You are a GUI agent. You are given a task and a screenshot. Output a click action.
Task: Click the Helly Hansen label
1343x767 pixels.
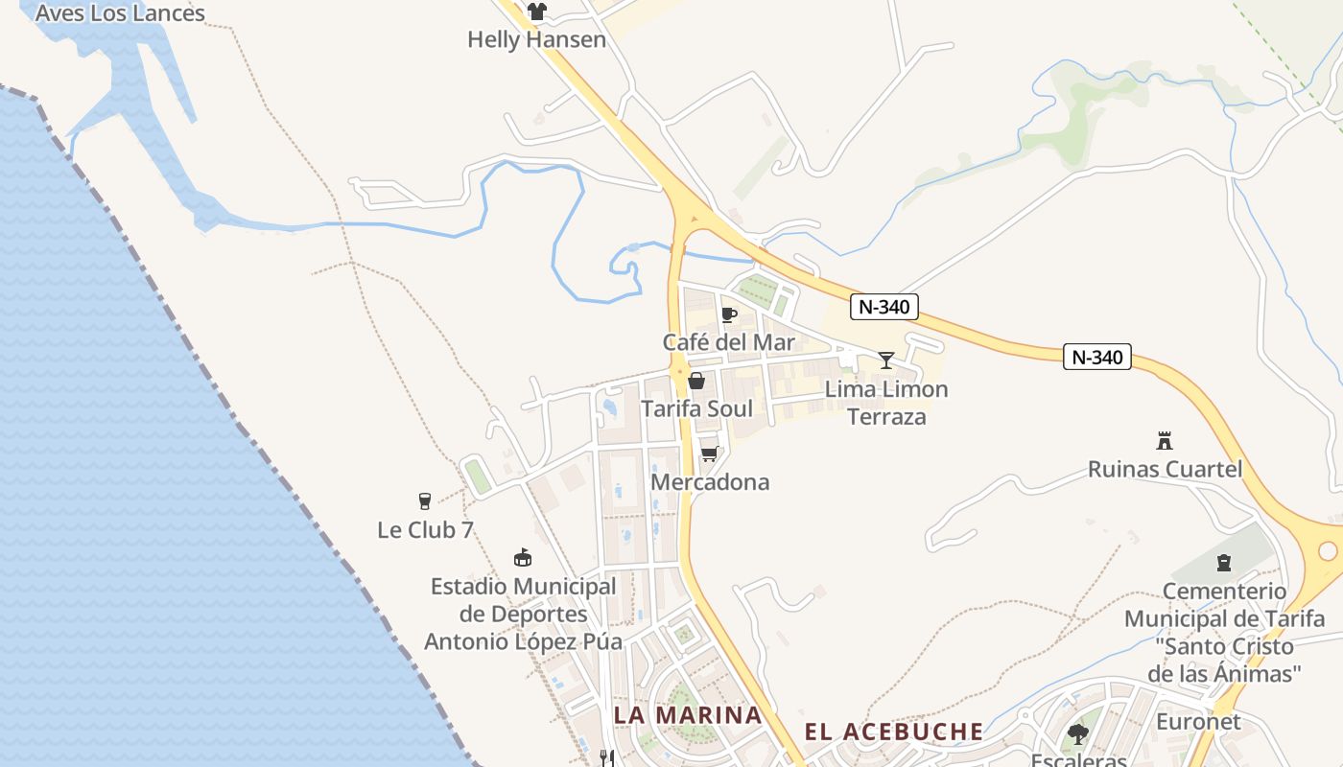point(536,39)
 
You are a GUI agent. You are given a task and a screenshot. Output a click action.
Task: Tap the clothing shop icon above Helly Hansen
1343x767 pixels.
point(536,12)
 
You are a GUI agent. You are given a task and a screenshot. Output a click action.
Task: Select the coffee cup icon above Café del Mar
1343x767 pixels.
point(729,314)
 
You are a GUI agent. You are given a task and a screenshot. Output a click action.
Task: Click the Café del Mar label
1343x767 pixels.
point(729,342)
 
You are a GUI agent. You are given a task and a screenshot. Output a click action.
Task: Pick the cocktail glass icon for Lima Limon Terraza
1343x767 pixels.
point(886,360)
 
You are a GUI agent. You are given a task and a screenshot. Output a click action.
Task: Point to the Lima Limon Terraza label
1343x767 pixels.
point(886,403)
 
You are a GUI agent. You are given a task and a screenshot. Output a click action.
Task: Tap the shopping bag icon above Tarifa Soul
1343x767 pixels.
point(696,381)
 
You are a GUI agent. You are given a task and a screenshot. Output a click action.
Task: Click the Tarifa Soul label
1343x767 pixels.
point(696,408)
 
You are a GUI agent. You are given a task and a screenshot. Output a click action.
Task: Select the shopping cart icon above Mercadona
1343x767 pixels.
point(710,453)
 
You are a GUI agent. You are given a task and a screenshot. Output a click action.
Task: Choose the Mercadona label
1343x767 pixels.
point(710,481)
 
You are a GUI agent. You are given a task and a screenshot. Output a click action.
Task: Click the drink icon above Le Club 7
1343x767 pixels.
point(425,501)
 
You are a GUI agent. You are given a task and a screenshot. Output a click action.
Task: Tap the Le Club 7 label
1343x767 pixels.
point(425,529)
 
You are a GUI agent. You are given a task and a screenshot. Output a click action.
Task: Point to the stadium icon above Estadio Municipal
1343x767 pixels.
point(523,557)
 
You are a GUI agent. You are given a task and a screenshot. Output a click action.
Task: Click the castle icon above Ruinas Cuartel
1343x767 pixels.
point(1165,441)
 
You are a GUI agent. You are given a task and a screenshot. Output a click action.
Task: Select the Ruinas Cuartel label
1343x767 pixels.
point(1165,469)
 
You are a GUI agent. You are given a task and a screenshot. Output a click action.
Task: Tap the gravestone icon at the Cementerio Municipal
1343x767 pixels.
point(1224,563)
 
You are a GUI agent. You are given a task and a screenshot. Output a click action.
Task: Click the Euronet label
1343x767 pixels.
point(1198,721)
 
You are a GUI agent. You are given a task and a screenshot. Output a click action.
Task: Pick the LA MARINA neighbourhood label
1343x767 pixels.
point(688,715)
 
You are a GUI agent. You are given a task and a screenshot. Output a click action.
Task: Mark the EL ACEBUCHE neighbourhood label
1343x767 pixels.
point(894,732)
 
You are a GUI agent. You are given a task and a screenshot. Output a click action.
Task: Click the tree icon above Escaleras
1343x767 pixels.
point(1078,734)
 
